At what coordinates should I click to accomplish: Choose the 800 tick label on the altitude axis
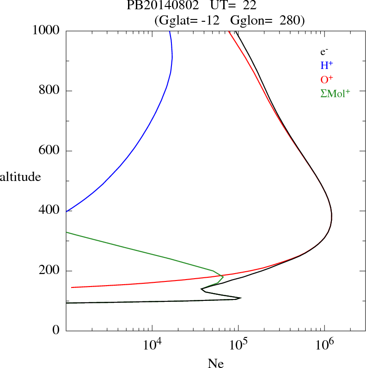click(x=50, y=91)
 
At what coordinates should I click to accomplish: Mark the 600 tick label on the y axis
click(x=50, y=151)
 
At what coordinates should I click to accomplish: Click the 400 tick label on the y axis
click(x=50, y=211)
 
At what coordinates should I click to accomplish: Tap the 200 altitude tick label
click(x=50, y=271)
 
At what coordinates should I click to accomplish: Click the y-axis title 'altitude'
click(x=20, y=177)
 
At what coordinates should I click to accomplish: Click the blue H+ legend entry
click(x=326, y=66)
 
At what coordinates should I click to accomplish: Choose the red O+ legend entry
click(x=326, y=80)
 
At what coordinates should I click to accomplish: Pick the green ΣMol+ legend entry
click(x=335, y=94)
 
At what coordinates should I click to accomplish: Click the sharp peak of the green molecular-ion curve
click(x=223, y=277)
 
